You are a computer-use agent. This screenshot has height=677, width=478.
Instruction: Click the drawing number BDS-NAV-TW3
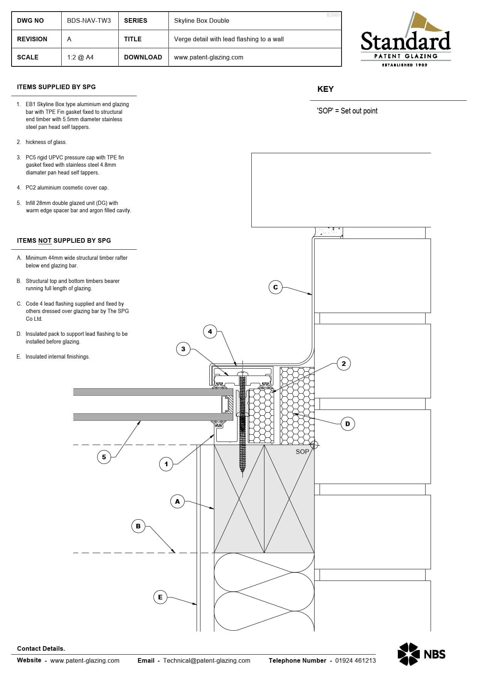89,20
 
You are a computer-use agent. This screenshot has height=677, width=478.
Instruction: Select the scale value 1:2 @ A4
80,57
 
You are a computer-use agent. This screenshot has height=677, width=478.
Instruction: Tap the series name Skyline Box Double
201,20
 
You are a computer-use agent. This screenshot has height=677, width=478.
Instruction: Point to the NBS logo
421,654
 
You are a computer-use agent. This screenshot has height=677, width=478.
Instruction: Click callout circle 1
166,464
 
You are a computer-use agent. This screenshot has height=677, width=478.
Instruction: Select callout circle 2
343,364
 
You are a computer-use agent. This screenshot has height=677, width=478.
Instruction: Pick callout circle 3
183,349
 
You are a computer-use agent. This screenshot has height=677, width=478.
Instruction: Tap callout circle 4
210,332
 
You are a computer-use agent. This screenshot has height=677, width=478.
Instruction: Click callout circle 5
104,457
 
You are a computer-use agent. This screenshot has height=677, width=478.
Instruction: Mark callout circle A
177,501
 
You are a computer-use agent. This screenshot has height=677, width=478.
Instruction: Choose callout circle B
138,526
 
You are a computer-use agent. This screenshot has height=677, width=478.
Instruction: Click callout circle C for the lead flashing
275,287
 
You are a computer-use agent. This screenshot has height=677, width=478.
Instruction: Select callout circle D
347,424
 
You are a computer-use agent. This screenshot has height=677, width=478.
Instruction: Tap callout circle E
160,597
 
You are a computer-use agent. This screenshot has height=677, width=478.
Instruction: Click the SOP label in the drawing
302,452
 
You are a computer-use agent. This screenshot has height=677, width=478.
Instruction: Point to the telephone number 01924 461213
355,660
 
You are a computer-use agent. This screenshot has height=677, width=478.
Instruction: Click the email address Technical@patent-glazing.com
207,660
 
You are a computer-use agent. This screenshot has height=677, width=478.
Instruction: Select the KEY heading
325,89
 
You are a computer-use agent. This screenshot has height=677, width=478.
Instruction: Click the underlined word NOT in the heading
45,240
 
